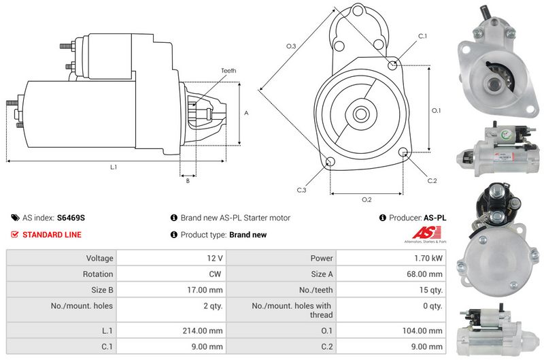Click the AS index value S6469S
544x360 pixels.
tap(71, 218)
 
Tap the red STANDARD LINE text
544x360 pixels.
tap(52, 235)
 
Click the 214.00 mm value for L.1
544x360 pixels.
tap(203, 331)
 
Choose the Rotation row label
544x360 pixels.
tap(98, 274)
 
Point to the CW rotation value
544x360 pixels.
tap(215, 274)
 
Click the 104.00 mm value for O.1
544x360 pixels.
tap(422, 331)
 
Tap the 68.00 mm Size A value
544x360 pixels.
tap(424, 274)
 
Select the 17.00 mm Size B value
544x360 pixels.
tap(205, 290)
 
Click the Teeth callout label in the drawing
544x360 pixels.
tap(228, 71)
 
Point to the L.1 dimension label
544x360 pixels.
tap(114, 167)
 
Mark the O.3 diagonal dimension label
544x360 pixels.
tap(291, 46)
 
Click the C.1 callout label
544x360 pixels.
tap(422, 36)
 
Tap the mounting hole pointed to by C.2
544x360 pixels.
tap(403, 152)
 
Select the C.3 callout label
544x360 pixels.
tap(301, 190)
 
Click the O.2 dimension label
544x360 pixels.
tap(367, 199)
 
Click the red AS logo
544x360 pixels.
tap(426, 232)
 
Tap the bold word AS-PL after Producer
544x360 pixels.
tap(435, 218)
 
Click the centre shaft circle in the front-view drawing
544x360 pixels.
tap(361, 114)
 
